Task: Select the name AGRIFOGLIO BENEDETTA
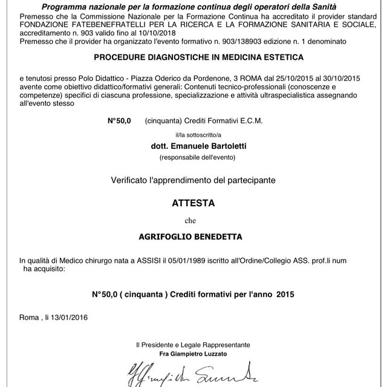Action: tap(193, 238)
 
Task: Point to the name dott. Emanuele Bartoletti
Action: tap(193, 146)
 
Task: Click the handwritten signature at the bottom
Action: tap(193, 372)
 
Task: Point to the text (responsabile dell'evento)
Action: tap(193, 157)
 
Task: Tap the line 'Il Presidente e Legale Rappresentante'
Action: tap(193, 345)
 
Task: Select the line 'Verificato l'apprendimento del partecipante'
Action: tap(193, 180)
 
